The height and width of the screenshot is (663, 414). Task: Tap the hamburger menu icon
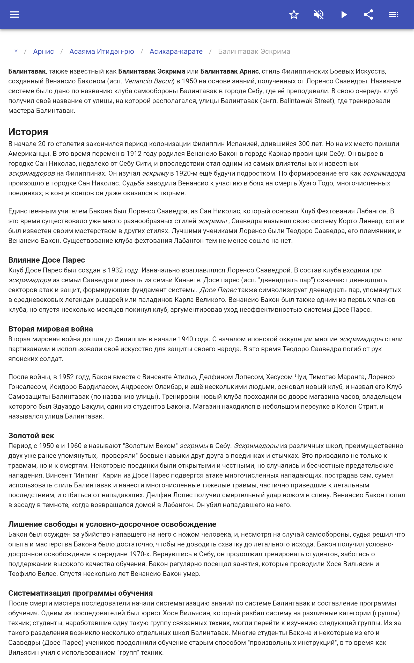[14, 15]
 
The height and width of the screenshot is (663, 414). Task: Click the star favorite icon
[294, 15]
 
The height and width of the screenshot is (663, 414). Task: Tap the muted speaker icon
[319, 15]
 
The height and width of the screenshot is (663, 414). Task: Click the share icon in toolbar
[368, 15]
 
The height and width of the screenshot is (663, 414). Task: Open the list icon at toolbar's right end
[393, 15]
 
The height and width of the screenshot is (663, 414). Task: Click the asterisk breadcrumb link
[16, 51]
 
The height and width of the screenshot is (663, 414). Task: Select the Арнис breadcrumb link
[43, 52]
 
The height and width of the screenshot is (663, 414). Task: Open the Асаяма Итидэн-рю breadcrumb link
[102, 52]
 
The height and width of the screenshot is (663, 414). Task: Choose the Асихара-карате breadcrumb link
[176, 52]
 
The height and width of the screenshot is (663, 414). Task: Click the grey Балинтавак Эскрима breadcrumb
[254, 52]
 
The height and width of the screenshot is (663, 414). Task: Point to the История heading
[28, 132]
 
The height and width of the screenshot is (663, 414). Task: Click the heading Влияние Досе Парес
[47, 260]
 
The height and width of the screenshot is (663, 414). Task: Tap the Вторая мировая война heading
[51, 329]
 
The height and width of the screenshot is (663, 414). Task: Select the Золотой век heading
[31, 435]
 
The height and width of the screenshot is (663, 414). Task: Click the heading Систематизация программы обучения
[80, 593]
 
